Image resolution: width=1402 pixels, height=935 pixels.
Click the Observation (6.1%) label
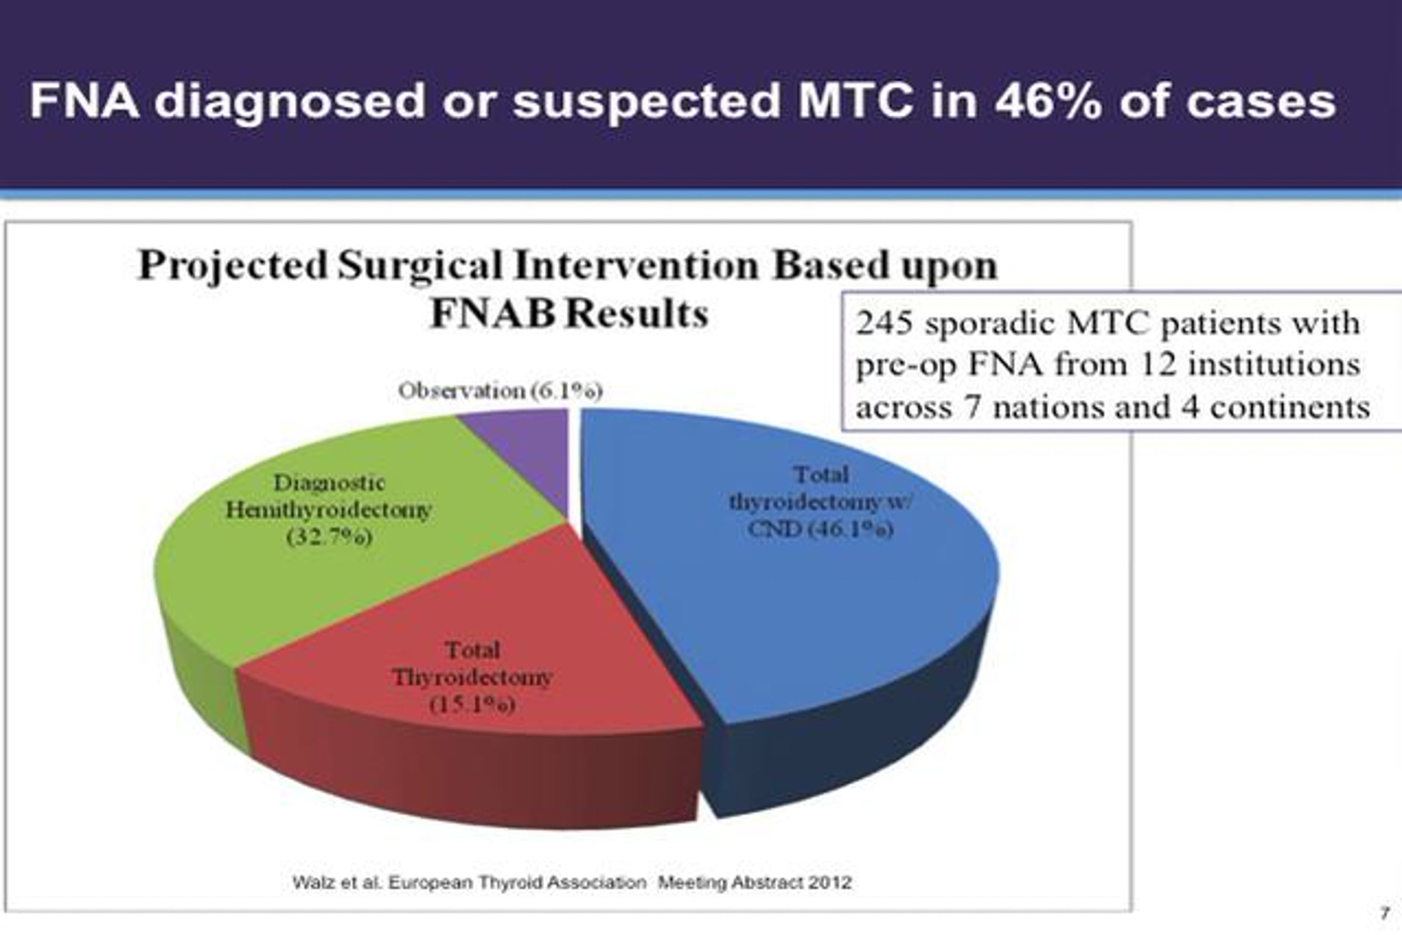point(500,391)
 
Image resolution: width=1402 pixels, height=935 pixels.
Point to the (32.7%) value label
point(329,537)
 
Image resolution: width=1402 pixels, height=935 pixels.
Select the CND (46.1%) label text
point(821,529)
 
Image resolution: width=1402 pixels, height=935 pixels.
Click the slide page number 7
point(1384,913)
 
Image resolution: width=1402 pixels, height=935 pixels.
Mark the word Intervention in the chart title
point(636,266)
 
